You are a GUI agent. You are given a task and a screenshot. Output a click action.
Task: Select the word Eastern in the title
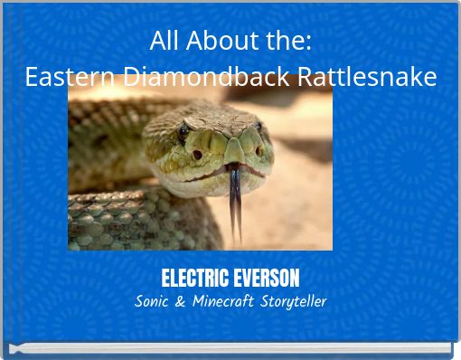tap(70, 78)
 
